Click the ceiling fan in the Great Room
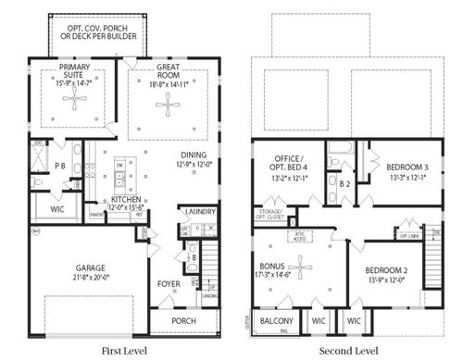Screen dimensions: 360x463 tap(168, 105)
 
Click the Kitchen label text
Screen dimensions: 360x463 tap(126, 199)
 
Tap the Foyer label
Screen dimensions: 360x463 tap(167, 286)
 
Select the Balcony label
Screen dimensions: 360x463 tap(277, 320)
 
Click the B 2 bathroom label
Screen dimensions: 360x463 tap(344, 184)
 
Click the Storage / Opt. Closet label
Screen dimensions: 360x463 tap(270, 215)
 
